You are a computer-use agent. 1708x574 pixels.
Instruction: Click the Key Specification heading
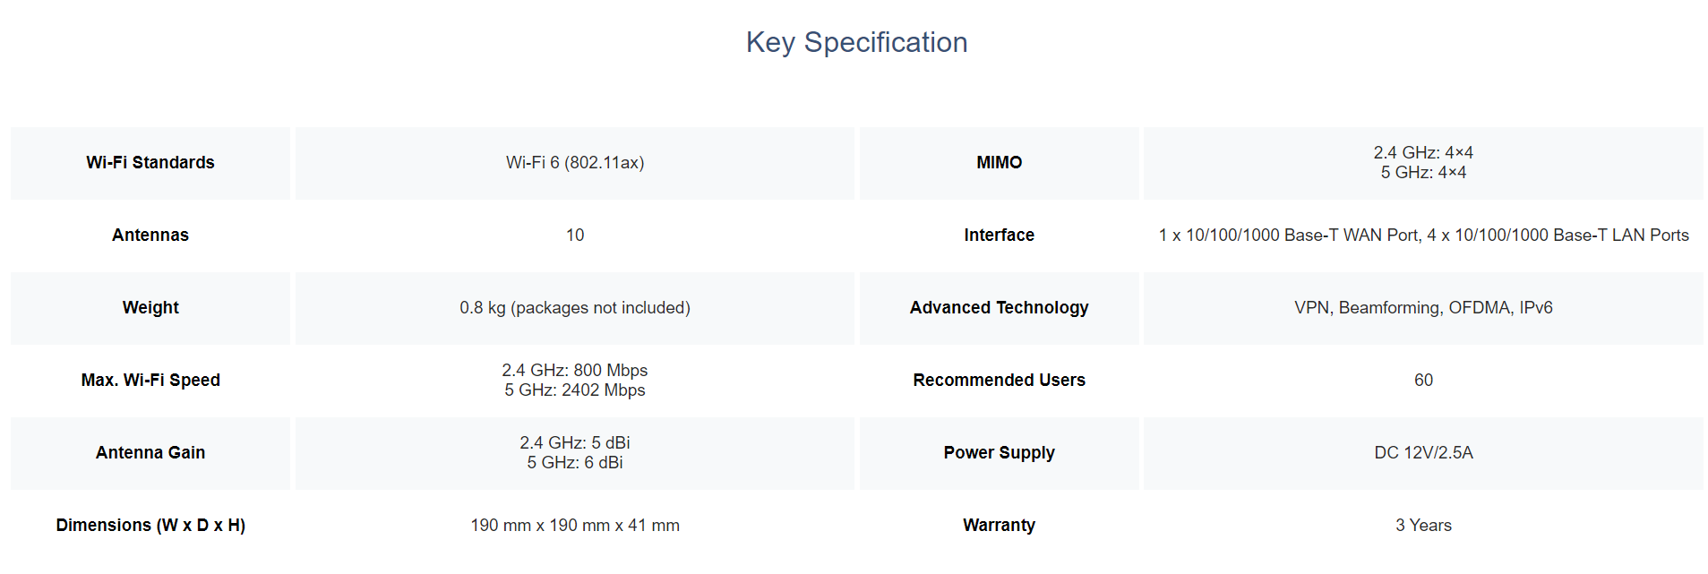coord(856,42)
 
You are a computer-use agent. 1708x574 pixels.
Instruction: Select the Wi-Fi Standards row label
coord(150,162)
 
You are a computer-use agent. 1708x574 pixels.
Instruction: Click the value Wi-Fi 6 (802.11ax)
coord(575,162)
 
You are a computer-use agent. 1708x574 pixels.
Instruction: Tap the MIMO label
coord(999,162)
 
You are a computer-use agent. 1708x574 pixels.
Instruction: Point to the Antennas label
coord(150,235)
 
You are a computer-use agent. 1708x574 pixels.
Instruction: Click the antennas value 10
coord(575,235)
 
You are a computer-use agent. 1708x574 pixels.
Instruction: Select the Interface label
coord(999,235)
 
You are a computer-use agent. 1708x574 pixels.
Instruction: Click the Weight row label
coord(150,307)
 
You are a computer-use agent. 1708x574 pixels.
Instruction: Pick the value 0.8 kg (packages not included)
coord(575,307)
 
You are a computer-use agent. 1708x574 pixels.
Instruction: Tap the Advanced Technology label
coord(999,307)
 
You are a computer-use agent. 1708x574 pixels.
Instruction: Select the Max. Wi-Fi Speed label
coord(150,380)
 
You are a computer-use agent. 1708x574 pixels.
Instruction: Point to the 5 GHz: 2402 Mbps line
coord(575,390)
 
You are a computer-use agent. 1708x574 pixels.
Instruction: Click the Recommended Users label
coord(999,380)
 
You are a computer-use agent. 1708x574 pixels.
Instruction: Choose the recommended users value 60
coord(1423,380)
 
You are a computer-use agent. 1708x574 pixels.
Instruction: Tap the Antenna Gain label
coord(150,452)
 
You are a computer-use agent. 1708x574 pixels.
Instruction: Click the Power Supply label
coord(999,452)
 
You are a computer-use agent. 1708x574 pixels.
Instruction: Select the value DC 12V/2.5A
coord(1423,452)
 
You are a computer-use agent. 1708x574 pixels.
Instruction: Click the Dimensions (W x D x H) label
coord(150,525)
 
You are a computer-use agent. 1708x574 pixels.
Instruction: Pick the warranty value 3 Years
coord(1423,525)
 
